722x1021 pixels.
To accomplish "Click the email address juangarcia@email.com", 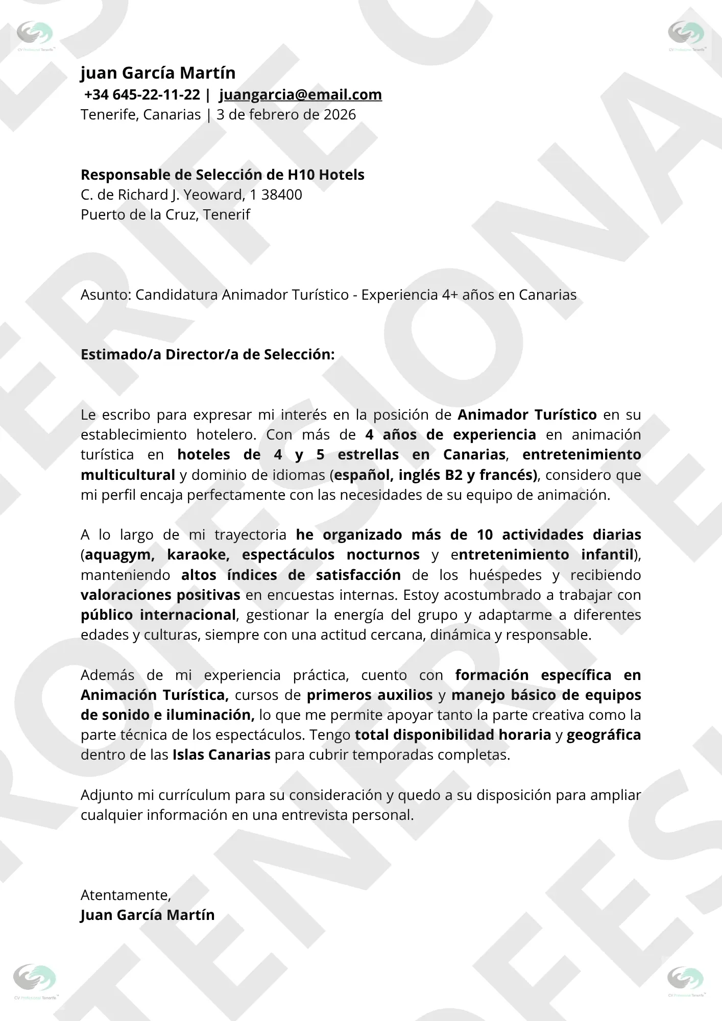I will tap(300, 95).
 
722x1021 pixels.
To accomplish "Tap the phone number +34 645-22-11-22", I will tap(142, 95).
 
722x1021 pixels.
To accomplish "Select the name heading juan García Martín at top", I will tap(158, 73).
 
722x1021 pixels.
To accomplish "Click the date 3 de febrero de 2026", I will tap(286, 115).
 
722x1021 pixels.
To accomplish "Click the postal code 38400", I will tap(282, 195).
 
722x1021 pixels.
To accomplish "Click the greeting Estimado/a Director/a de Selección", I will tap(207, 355).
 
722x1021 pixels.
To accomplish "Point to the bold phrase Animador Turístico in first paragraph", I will tap(527, 415).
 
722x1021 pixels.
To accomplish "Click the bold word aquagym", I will tap(119, 555).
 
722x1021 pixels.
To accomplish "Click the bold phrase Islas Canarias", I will tap(221, 755).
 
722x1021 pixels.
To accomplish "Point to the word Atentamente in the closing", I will tap(125, 895).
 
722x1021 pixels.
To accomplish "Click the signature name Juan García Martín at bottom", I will tap(148, 915).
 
